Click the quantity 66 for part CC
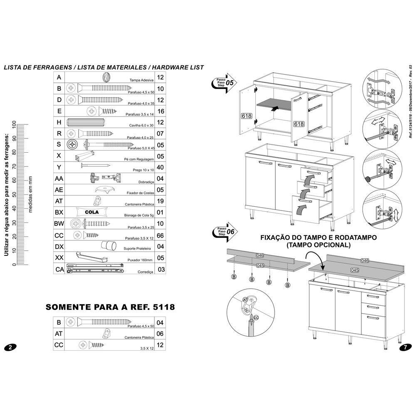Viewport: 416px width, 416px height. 161,235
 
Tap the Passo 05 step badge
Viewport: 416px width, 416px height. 224,83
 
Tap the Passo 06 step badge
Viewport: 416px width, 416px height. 225,231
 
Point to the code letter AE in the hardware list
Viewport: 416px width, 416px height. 59,190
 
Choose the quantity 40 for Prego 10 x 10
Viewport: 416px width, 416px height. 161,167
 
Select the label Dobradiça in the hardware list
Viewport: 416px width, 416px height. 146,182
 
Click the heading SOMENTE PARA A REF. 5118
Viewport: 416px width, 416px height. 110,307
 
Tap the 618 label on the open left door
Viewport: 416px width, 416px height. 246,116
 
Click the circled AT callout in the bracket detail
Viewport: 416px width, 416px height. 245,299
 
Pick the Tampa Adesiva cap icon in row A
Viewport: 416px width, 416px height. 107,77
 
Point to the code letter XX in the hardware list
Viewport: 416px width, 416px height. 59,258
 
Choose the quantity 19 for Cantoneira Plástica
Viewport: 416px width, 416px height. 161,201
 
